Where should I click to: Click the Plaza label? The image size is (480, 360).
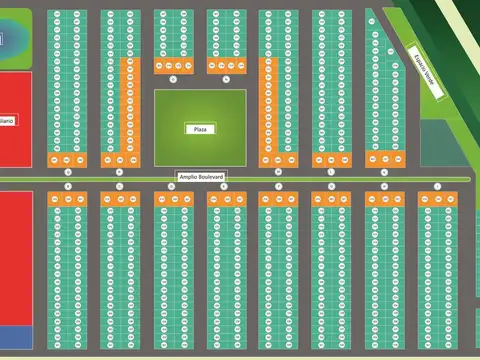199,128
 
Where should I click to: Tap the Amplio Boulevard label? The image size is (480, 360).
199,175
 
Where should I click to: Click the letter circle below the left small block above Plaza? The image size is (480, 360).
173,77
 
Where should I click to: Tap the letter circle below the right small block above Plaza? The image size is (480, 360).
226,77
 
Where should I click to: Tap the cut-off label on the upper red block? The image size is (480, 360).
7,120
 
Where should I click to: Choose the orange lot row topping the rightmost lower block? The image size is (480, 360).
437,199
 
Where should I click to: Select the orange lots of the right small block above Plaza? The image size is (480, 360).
226,66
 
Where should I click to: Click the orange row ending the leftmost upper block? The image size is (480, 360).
67,160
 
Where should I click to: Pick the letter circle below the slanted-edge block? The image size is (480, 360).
384,170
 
